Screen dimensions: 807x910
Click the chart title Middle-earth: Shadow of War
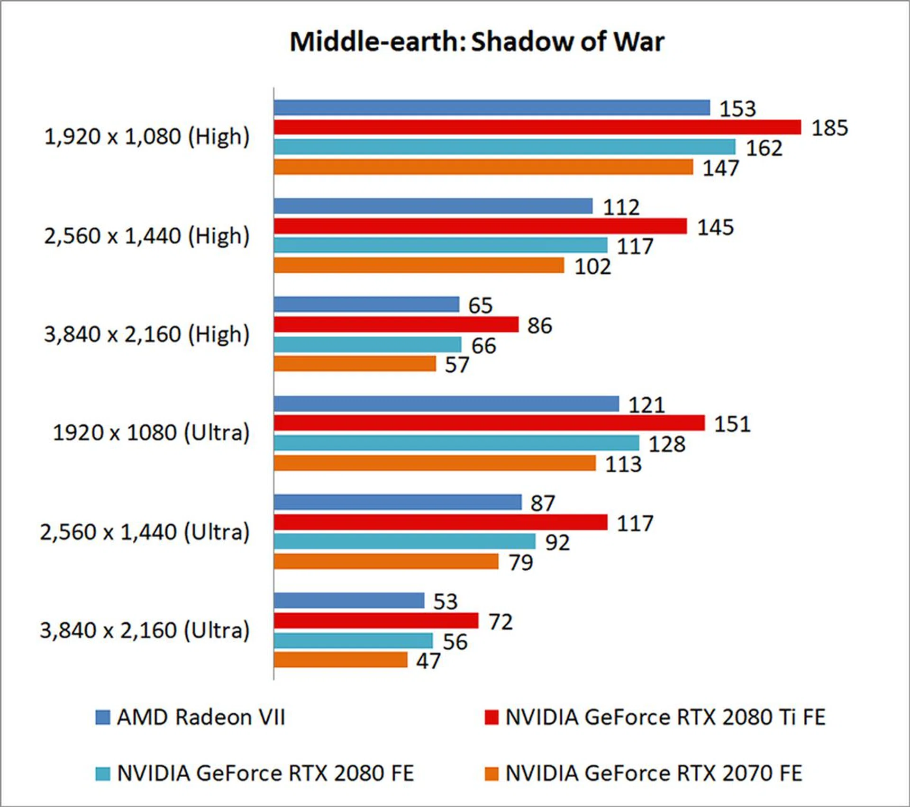pos(476,42)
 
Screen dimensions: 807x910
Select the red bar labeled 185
pos(537,127)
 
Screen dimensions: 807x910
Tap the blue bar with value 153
pos(491,108)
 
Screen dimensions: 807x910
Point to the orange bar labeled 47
pos(340,660)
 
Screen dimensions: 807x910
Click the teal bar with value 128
pos(456,443)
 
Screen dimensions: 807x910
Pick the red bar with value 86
pos(396,324)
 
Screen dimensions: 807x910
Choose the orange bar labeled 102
pos(419,265)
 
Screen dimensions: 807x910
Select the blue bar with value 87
pos(398,502)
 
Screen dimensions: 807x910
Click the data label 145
pos(715,227)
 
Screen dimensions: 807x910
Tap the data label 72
pos(500,622)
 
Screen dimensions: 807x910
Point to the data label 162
pos(764,148)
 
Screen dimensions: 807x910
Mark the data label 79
pos(520,563)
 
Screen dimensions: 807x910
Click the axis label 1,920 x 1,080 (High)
pos(146,137)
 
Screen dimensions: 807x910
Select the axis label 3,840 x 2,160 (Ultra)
pos(145,631)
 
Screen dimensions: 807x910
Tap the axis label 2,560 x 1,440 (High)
pos(146,236)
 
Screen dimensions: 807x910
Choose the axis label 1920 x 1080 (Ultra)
pos(151,433)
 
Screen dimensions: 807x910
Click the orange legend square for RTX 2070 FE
pos(491,774)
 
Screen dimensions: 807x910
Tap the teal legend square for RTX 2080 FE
pos(102,774)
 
